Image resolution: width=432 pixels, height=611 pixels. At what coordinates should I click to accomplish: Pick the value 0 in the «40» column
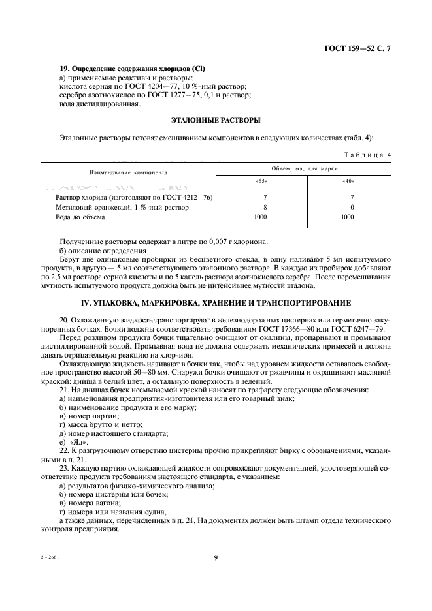[x=352, y=207]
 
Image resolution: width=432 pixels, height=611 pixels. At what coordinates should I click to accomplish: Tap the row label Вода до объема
[x=80, y=217]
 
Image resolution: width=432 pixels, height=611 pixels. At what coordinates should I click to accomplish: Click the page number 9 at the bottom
[x=216, y=557]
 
